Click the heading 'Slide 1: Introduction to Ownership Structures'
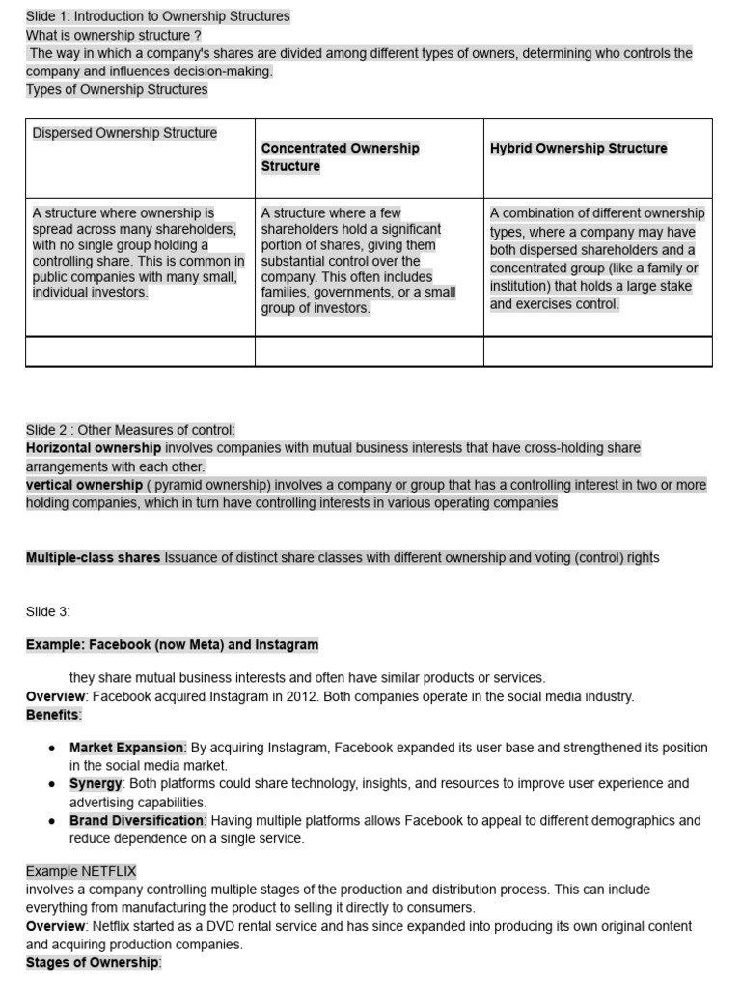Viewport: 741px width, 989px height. tap(157, 16)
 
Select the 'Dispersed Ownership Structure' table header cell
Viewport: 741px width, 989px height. tap(124, 133)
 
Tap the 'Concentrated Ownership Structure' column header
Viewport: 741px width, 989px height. tap(340, 157)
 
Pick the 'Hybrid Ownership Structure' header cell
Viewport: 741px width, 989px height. tap(578, 149)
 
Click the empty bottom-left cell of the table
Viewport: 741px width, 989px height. tap(140, 352)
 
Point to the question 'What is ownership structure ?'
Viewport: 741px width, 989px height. tap(113, 35)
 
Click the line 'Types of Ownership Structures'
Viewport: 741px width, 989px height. tap(117, 90)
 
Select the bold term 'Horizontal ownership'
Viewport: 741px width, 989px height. tap(94, 448)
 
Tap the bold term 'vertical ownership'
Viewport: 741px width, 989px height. tap(84, 485)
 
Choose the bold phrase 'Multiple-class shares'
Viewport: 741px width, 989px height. tap(93, 558)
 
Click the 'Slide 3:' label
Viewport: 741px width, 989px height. tap(48, 611)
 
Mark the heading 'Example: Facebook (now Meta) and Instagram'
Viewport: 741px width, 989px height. tap(172, 644)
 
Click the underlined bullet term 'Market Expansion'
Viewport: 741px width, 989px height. tap(126, 748)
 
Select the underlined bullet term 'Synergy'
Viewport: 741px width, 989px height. tap(96, 784)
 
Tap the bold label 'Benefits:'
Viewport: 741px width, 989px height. tap(54, 715)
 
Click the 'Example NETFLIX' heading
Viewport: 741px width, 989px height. tap(81, 871)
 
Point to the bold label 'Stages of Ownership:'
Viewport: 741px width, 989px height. tap(94, 963)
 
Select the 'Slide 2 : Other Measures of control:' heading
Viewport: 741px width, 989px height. tap(130, 430)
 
